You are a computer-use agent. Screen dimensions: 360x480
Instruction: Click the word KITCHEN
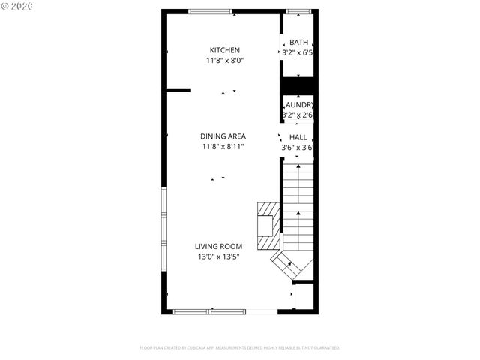click(224, 50)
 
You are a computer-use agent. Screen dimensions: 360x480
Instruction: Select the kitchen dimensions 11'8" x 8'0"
click(224, 61)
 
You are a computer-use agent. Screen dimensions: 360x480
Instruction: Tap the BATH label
click(298, 43)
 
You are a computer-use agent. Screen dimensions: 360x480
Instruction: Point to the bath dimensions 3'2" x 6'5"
click(297, 53)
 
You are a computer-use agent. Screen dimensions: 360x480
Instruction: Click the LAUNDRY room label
click(298, 105)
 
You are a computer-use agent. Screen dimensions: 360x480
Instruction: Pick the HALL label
click(298, 137)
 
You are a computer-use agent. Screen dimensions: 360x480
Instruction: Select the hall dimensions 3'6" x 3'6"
click(297, 148)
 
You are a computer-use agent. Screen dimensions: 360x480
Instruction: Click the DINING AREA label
click(223, 136)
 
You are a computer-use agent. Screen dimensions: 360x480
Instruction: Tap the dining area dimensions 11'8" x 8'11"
click(223, 147)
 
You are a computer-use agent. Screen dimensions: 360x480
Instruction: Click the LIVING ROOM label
click(218, 246)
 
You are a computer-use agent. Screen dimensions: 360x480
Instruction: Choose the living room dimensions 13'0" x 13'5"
click(218, 257)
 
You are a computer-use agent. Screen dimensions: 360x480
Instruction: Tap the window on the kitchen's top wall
click(209, 11)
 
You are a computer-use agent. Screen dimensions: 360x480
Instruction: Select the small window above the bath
click(298, 11)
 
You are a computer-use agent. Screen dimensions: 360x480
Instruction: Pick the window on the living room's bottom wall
click(211, 311)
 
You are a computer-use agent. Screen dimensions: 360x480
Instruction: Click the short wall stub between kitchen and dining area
click(178, 89)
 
